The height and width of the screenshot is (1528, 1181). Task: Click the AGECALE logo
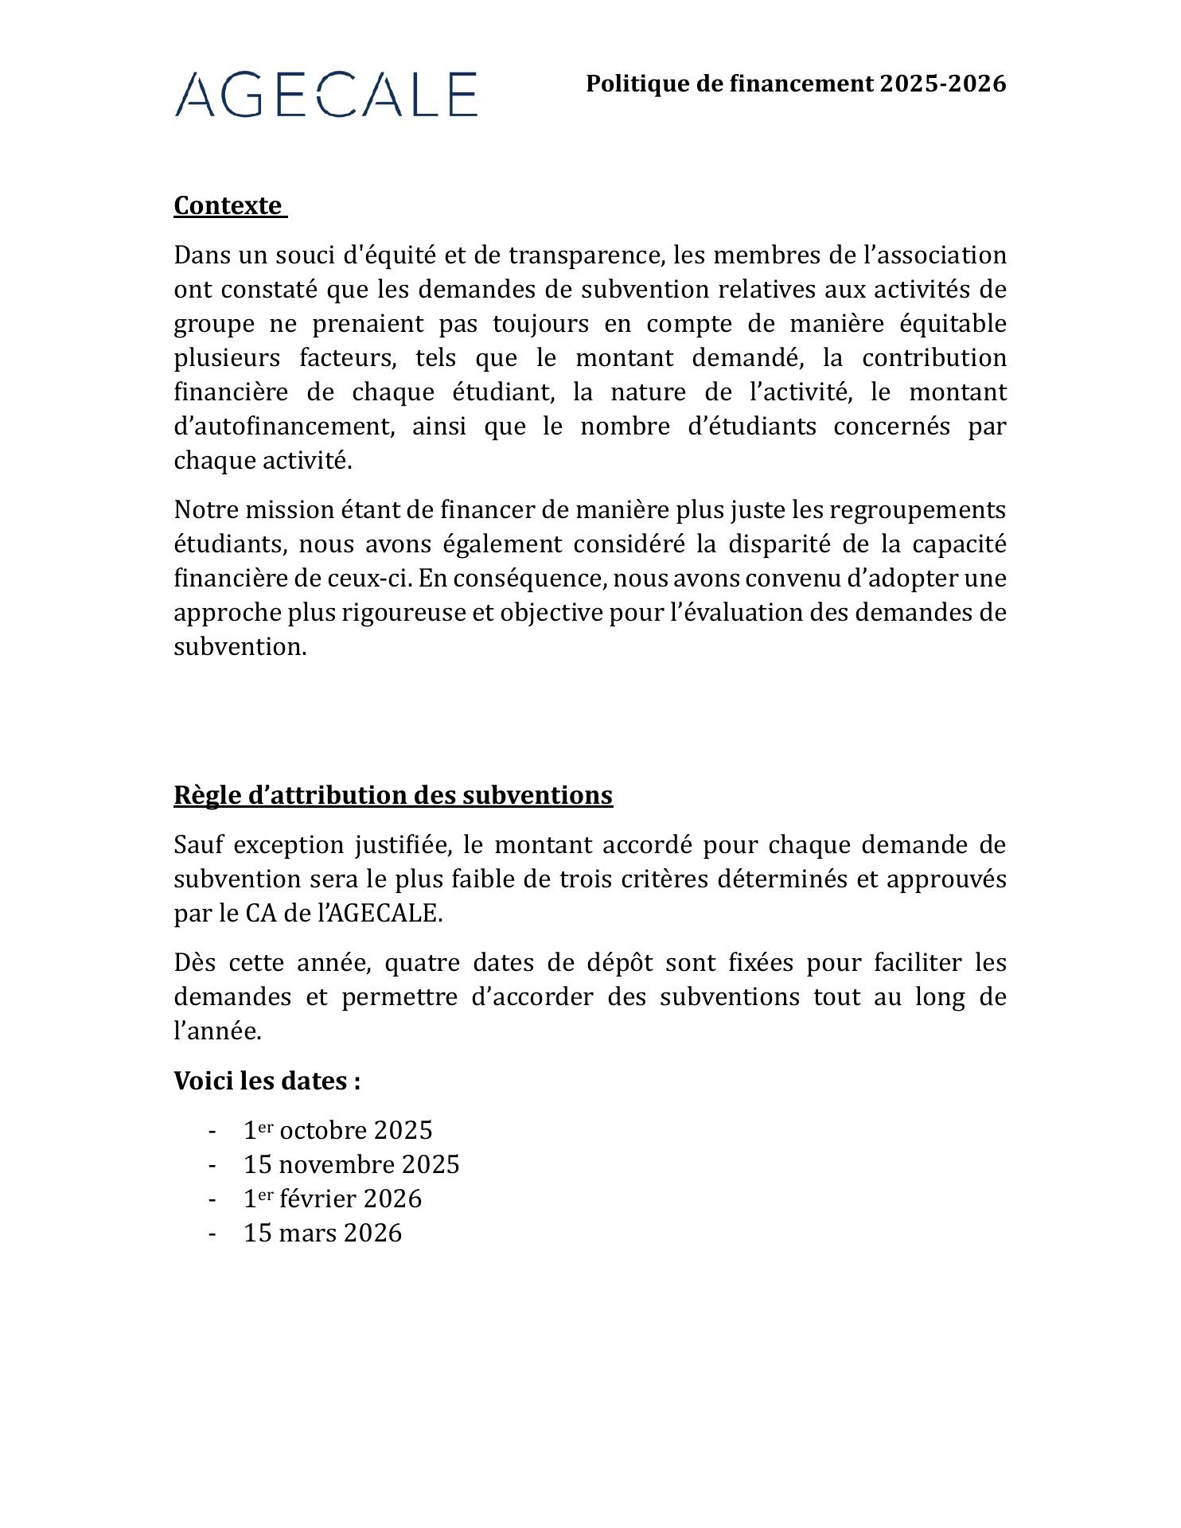(325, 95)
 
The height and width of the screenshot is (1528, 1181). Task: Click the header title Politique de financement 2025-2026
(796, 84)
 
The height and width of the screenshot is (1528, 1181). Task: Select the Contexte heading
(228, 205)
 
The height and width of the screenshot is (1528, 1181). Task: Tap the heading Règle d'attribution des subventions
(393, 795)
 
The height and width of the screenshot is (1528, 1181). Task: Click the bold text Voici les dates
(267, 1081)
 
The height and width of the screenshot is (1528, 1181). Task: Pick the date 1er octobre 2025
(337, 1130)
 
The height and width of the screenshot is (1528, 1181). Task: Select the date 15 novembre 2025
(351, 1164)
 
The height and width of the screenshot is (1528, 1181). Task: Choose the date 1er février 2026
(332, 1199)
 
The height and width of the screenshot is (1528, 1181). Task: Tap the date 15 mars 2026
(322, 1233)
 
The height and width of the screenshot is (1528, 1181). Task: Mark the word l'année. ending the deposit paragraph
(217, 1031)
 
